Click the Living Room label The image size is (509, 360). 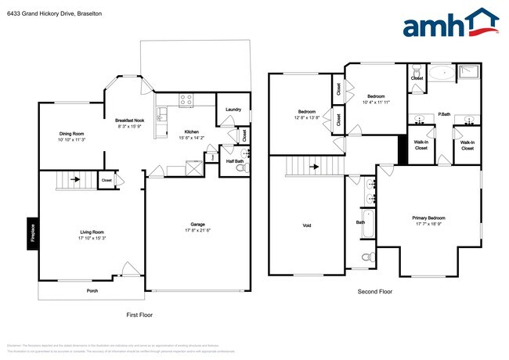click(x=92, y=232)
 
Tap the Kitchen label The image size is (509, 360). click(x=192, y=131)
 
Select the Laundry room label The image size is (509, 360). click(x=233, y=110)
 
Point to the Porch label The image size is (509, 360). click(x=92, y=291)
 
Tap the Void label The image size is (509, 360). click(x=307, y=225)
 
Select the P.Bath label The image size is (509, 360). click(x=443, y=114)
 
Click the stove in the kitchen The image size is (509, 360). click(x=186, y=99)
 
